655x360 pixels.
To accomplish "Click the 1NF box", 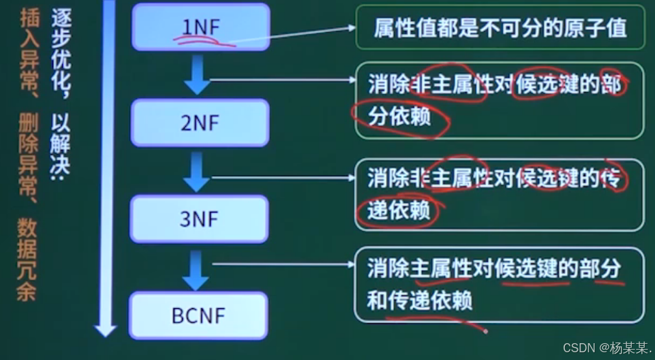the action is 200,27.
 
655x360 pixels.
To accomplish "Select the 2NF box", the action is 200,122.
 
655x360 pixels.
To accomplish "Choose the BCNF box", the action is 198,315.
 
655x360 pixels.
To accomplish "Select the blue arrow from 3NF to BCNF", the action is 196,270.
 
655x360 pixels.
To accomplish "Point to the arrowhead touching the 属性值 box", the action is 352,28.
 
